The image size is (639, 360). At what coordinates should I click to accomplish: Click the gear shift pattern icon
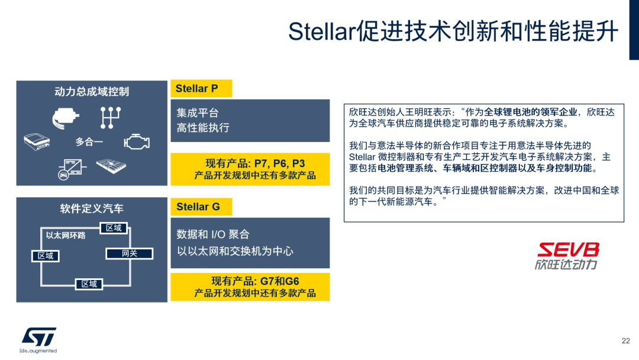pyautogui.click(x=110, y=117)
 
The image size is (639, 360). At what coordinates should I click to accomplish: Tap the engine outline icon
pyautogui.click(x=136, y=142)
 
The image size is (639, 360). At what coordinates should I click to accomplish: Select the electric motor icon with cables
pyautogui.click(x=66, y=118)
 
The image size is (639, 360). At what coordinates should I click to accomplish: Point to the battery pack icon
pyautogui.click(x=111, y=167)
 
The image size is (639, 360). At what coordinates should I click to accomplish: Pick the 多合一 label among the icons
pyautogui.click(x=89, y=142)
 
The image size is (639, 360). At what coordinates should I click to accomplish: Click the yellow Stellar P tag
pyautogui.click(x=201, y=89)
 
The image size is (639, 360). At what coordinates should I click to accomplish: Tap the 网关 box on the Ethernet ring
pyautogui.click(x=129, y=253)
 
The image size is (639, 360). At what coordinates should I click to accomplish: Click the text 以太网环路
pyautogui.click(x=66, y=235)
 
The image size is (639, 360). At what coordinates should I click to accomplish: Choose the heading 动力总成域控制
pyautogui.click(x=91, y=91)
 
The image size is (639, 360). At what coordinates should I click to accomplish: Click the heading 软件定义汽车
pyautogui.click(x=91, y=208)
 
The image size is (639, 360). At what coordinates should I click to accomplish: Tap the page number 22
pyautogui.click(x=625, y=340)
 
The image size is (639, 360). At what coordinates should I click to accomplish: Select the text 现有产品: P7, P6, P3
pyautogui.click(x=255, y=163)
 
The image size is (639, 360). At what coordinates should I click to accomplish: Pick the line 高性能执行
pyautogui.click(x=203, y=127)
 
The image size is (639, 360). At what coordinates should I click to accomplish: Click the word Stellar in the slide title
pyautogui.click(x=320, y=31)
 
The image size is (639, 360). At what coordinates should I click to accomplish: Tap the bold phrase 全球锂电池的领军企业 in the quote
pyautogui.click(x=531, y=112)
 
